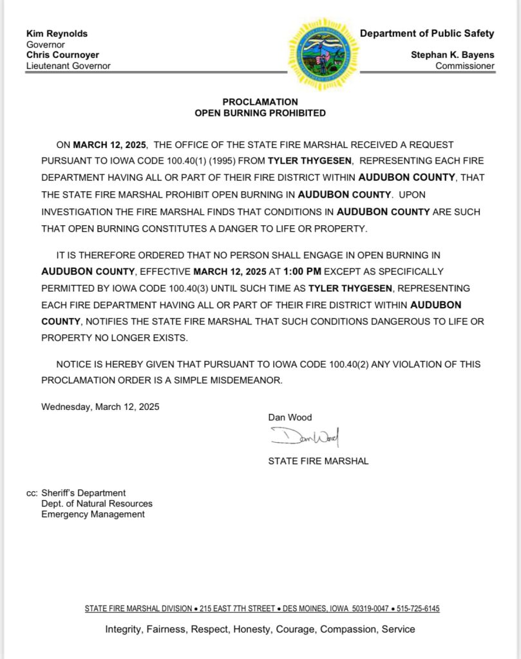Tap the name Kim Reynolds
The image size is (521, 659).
click(x=57, y=33)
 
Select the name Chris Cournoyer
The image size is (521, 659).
click(x=62, y=55)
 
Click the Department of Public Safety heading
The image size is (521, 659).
click(x=427, y=33)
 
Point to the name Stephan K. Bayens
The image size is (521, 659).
click(x=453, y=55)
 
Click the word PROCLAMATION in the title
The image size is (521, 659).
click(x=260, y=102)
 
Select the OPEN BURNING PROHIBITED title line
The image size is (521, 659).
click(x=260, y=113)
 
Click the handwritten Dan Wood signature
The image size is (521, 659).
click(x=305, y=438)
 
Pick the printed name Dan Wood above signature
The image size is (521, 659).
click(x=290, y=417)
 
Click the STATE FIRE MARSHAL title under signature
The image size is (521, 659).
click(x=318, y=461)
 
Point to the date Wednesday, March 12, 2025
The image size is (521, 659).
click(x=100, y=407)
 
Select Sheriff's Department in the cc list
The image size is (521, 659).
click(x=84, y=493)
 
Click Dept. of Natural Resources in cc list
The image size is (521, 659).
click(x=97, y=503)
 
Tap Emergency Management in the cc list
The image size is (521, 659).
click(x=93, y=514)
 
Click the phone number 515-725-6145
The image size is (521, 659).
click(x=418, y=609)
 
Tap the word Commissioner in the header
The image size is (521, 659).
click(x=465, y=66)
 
